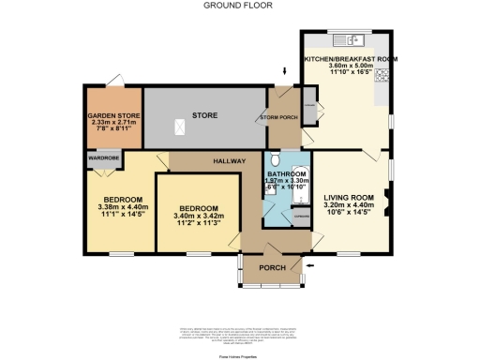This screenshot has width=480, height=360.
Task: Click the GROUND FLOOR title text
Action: (231, 5)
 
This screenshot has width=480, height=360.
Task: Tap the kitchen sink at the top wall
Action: (353, 39)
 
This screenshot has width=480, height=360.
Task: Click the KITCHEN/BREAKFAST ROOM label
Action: (351, 58)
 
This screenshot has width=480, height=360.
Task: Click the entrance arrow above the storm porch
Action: (284, 72)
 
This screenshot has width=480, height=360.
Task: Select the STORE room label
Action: (205, 116)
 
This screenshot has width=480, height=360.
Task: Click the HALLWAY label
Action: (228, 161)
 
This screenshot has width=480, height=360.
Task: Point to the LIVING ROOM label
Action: (349, 198)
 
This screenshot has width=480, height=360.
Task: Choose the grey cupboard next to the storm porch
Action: (308, 113)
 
